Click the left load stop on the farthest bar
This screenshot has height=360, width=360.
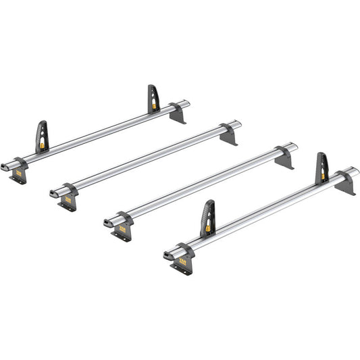tap(42, 136)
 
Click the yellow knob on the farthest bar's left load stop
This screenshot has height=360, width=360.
tap(43, 144)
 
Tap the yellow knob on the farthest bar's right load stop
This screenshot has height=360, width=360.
tap(155, 105)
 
